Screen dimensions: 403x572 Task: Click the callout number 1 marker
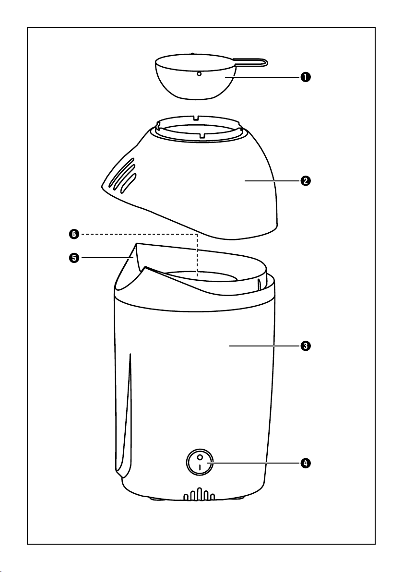point(306,77)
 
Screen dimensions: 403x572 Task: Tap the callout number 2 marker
point(306,180)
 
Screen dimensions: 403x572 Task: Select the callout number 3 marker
point(306,346)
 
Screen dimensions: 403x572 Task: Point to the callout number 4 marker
point(306,463)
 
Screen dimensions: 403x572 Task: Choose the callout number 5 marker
point(74,258)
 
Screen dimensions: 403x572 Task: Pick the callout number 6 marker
point(74,234)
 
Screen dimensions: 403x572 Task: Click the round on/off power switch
point(200,462)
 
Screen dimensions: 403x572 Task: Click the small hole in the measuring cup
point(199,74)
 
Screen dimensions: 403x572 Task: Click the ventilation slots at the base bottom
point(199,494)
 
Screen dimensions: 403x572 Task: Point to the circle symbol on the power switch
point(200,457)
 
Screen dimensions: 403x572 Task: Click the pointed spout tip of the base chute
point(136,244)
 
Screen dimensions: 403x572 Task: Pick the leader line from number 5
point(106,258)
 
